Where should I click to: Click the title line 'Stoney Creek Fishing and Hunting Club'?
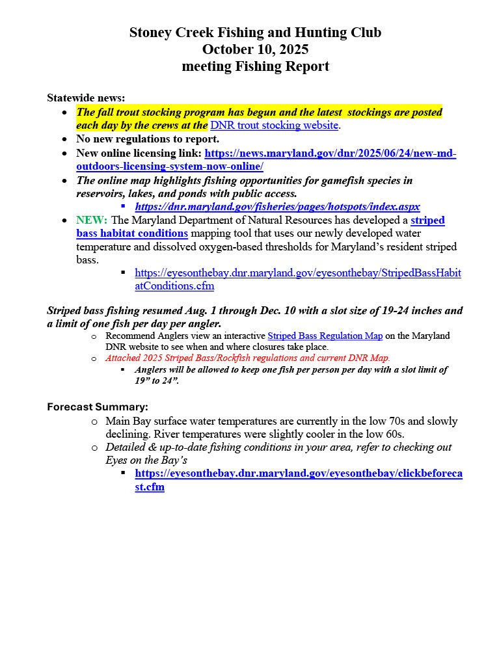[255, 33]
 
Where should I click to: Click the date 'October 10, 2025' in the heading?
[255, 49]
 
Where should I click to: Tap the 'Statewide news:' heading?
[86, 98]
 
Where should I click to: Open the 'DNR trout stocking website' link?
[274, 125]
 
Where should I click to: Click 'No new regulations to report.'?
[148, 139]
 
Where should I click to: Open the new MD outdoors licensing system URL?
[330, 153]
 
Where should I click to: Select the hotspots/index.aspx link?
[277, 206]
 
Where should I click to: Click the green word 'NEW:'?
[92, 220]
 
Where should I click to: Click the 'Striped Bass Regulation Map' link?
[316, 336]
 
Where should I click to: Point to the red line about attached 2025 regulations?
[248, 358]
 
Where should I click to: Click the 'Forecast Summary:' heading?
[98, 407]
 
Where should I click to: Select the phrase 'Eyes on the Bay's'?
[146, 460]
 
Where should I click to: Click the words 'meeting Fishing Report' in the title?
[255, 66]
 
